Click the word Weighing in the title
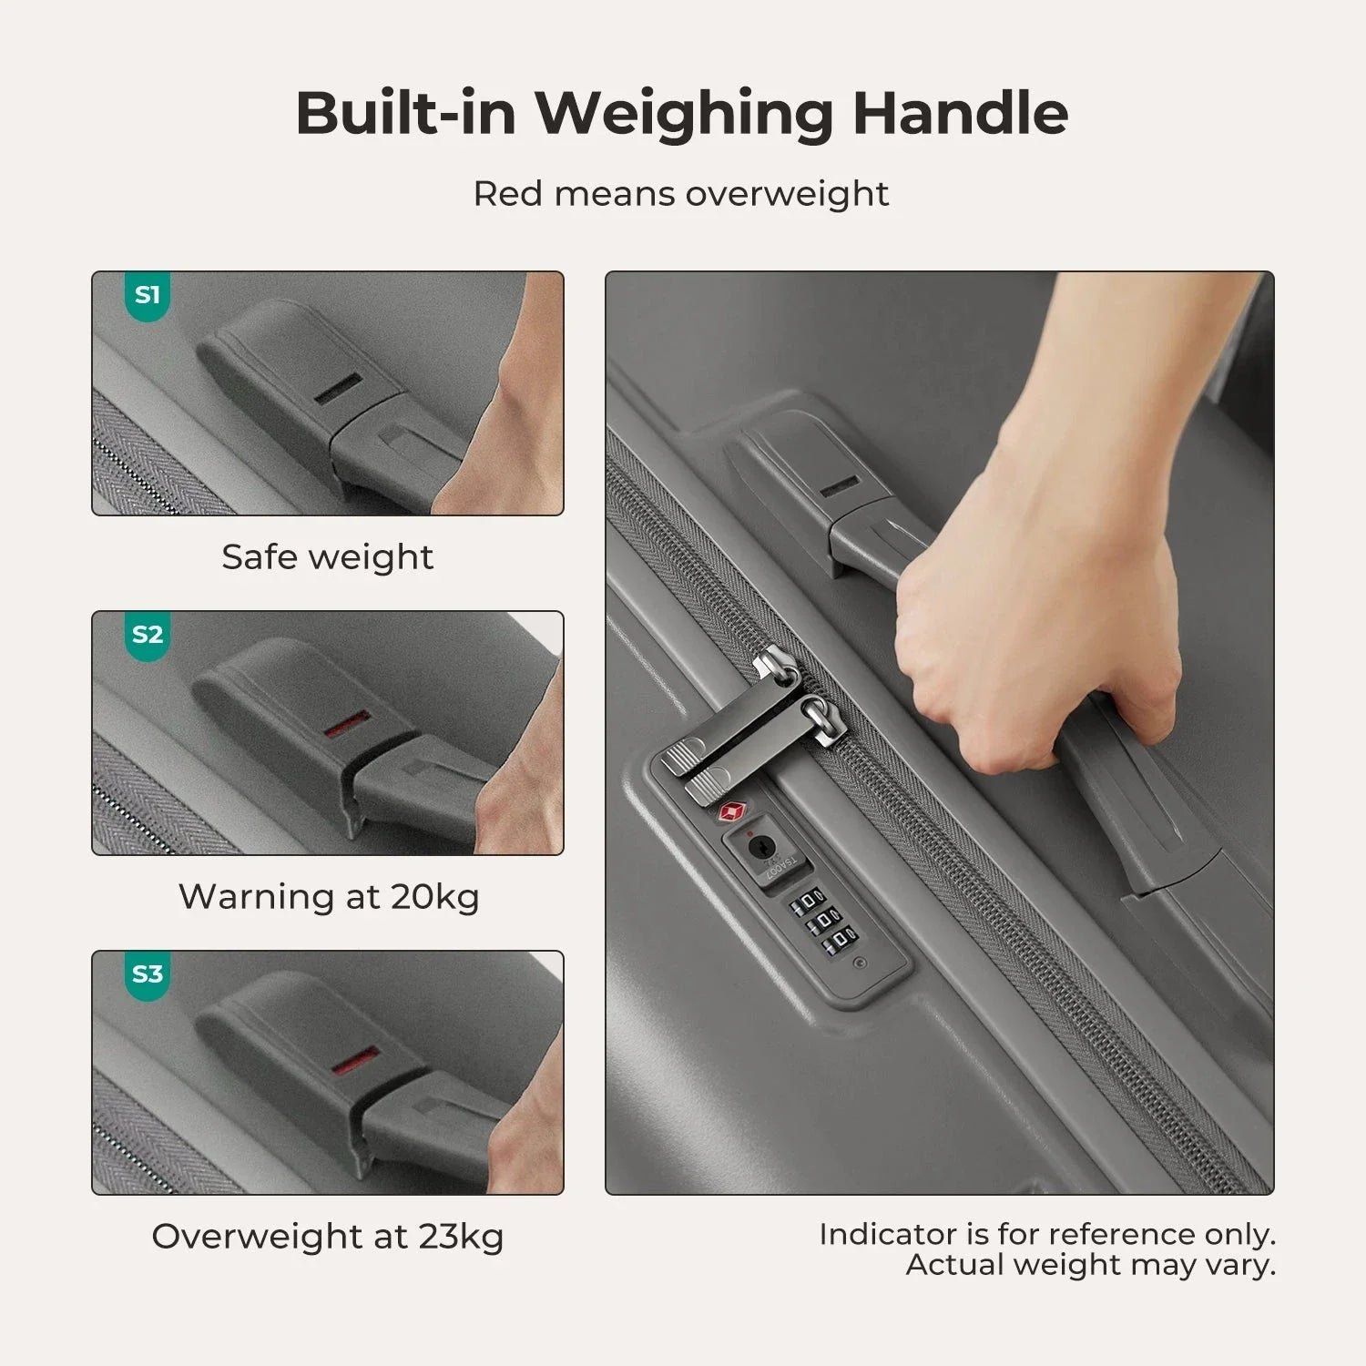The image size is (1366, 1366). (683, 113)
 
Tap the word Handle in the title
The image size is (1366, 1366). (960, 113)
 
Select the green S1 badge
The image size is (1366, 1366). (148, 296)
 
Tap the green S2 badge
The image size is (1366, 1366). (148, 635)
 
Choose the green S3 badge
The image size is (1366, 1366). (148, 974)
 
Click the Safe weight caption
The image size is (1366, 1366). (328, 556)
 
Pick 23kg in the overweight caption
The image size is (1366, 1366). (461, 1237)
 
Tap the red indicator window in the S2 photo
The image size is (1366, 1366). (348, 724)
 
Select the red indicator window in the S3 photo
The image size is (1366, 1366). (355, 1063)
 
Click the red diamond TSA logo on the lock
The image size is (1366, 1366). (734, 811)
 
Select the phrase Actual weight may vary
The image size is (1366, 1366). (1090, 1265)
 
